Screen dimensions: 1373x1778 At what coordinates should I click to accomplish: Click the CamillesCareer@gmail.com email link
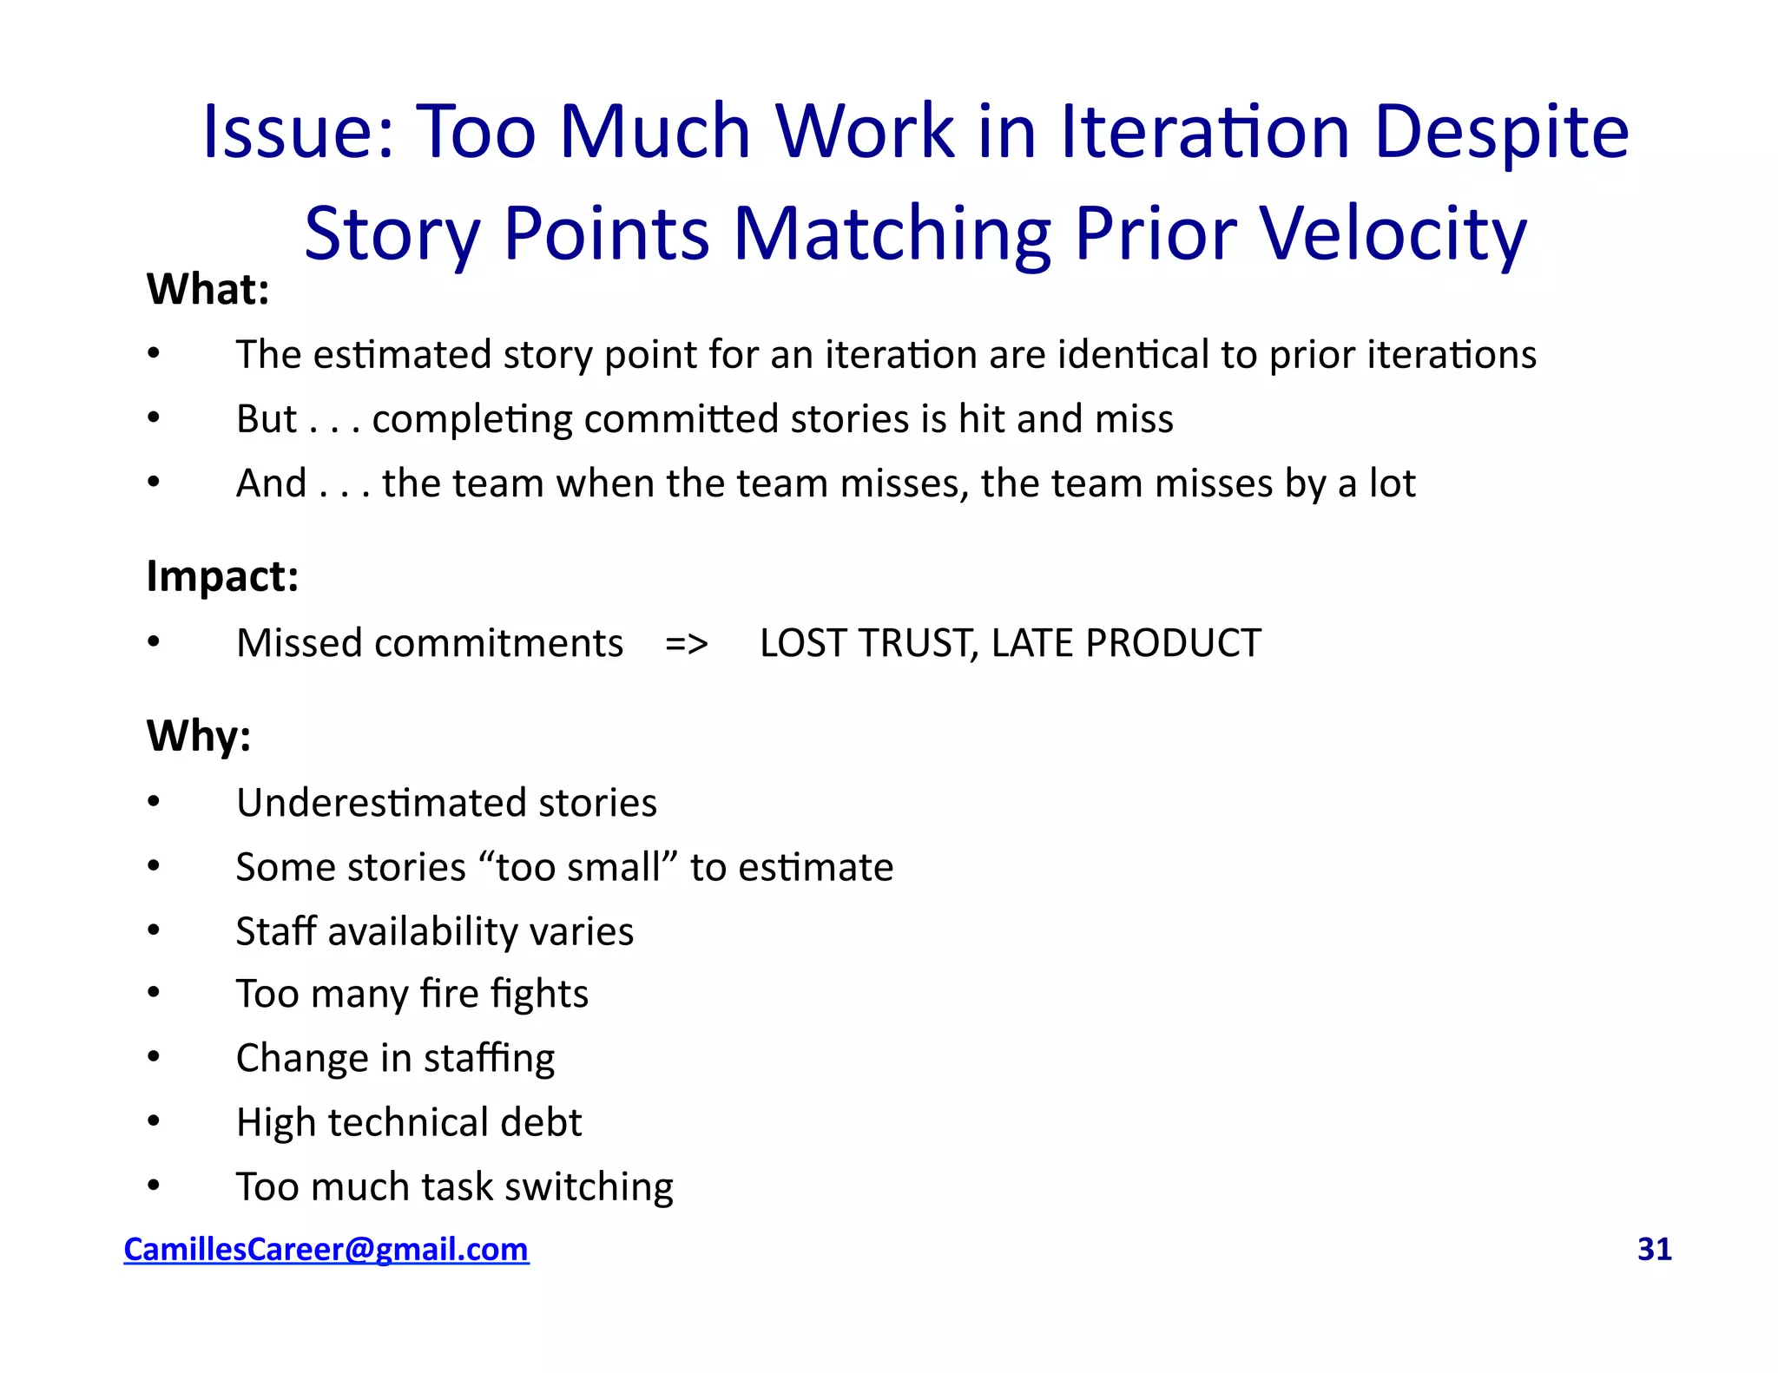point(326,1249)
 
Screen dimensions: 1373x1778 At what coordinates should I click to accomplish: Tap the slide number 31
point(1654,1249)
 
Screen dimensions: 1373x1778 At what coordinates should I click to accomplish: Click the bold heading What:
point(207,289)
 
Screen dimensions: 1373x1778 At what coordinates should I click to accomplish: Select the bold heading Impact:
point(222,575)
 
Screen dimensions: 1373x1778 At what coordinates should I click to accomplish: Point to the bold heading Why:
point(199,736)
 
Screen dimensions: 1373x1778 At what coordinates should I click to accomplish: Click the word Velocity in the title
point(1393,233)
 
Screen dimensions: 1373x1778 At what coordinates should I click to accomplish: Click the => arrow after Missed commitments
point(687,644)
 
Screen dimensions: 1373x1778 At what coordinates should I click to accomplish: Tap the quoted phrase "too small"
point(577,867)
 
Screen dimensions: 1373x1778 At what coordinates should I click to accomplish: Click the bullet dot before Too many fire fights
point(154,993)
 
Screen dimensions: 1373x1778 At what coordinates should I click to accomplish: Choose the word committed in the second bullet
point(682,418)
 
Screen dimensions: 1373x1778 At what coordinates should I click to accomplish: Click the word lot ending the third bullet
point(1392,483)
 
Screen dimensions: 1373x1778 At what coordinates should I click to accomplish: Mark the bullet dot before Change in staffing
point(154,1057)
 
